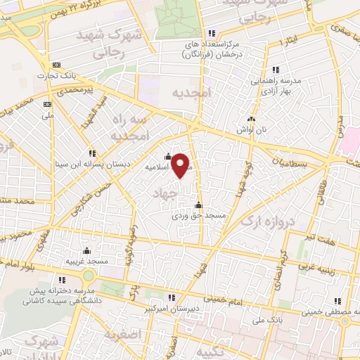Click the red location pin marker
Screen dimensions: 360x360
(181, 165)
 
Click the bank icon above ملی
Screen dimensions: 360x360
(48, 104)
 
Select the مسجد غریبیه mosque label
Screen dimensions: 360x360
(87, 261)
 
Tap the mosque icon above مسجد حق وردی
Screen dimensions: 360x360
(198, 206)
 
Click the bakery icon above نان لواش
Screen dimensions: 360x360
(252, 118)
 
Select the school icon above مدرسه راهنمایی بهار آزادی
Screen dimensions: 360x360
(276, 70)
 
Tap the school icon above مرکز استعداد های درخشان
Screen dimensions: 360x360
(212, 33)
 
